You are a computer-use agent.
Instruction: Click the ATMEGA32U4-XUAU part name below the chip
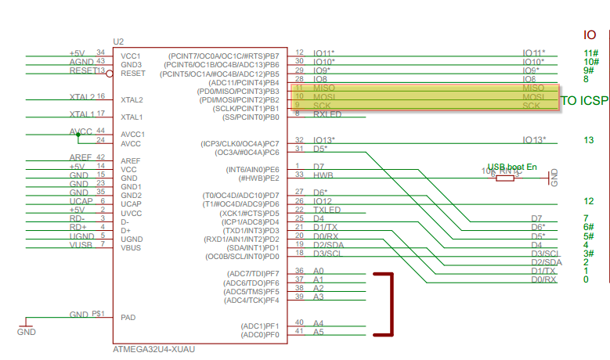(153, 349)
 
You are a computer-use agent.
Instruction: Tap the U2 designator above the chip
(118, 41)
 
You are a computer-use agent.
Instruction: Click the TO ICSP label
(583, 101)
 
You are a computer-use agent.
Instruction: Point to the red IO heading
(590, 35)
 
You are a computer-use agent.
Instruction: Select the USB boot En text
(512, 167)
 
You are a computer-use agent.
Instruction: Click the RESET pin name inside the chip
(133, 73)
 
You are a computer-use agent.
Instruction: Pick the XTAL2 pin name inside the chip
(132, 100)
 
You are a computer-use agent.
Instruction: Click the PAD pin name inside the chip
(129, 318)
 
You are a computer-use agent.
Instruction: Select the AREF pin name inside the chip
(132, 160)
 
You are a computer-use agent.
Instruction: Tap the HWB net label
(323, 176)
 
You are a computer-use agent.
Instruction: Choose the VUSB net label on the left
(81, 245)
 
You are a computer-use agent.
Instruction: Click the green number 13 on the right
(588, 140)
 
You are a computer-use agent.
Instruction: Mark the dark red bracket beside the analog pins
(389, 304)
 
